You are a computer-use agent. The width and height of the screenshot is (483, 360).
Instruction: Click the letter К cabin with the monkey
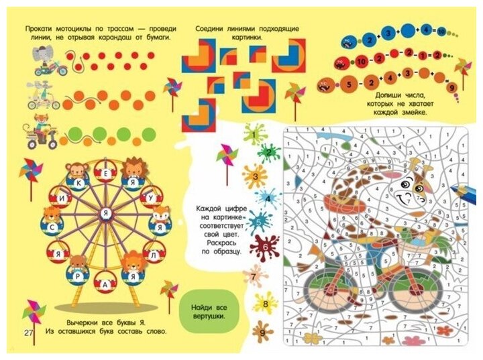click(79, 180)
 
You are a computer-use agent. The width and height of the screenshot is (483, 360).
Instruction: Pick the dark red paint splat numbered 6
click(264, 247)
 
